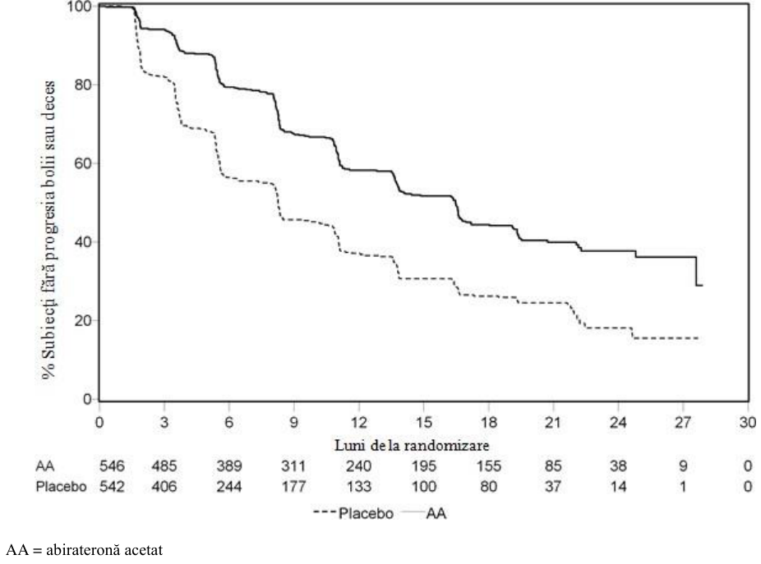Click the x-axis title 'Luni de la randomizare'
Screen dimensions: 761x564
coord(412,445)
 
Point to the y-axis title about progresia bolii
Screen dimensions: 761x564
coord(48,230)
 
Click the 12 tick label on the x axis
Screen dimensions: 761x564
coord(358,423)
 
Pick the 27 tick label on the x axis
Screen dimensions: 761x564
coord(683,423)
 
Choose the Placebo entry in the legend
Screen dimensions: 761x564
coord(353,513)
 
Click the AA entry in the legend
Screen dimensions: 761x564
coord(425,513)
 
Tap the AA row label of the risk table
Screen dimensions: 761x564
coord(45,466)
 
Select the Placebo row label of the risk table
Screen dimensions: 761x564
coord(61,486)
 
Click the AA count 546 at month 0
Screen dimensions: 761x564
coord(112,466)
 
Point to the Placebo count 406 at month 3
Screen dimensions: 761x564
coord(164,486)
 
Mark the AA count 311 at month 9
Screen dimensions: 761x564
coord(293,466)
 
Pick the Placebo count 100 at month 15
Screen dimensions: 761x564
coord(424,486)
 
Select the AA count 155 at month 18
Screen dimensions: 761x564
coord(488,466)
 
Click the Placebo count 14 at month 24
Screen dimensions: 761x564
coord(618,486)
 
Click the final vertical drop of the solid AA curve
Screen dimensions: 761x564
coord(696,271)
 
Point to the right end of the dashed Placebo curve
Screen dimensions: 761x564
coord(699,337)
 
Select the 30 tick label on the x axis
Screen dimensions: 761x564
coord(747,423)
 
